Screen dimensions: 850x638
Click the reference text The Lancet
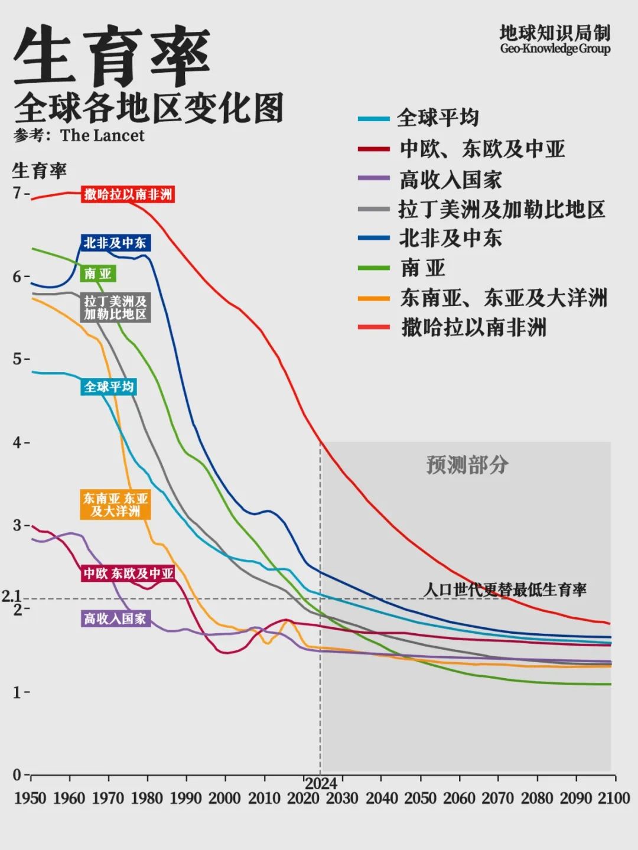point(102,135)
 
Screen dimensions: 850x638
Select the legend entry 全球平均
point(438,118)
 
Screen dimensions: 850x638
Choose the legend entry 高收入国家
point(451,180)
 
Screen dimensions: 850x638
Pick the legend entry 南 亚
point(423,268)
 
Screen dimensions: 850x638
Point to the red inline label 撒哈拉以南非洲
point(128,194)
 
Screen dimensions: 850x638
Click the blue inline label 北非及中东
point(115,243)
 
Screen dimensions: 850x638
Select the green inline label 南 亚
point(97,273)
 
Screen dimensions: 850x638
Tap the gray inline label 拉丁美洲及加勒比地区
point(115,307)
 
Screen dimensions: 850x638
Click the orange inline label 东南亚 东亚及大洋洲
point(115,504)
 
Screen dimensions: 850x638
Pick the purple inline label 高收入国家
point(115,618)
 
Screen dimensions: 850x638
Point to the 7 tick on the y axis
point(17,193)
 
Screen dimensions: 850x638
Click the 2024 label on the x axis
point(321,784)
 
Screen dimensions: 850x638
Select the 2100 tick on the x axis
point(614,798)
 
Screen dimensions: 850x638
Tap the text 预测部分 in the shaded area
point(467,465)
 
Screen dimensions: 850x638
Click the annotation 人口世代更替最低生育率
point(505,590)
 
